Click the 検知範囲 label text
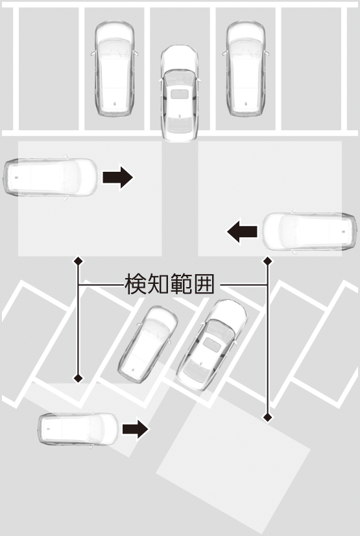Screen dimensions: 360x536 (170, 284)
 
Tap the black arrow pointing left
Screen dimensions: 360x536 (242, 231)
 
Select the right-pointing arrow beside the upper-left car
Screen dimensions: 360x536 (117, 177)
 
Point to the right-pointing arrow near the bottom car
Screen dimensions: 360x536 (136, 429)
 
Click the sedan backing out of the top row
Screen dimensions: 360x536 (180, 93)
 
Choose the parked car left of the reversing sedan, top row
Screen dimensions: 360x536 (114, 68)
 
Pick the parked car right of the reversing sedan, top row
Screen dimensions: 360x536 (246, 68)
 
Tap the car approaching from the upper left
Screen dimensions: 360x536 (51, 177)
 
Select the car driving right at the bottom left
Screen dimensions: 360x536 (78, 429)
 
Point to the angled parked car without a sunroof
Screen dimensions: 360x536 (148, 344)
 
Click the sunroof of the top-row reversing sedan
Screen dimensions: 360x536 (180, 94)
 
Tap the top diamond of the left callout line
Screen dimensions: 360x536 (78, 261)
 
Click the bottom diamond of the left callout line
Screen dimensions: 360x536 (78, 378)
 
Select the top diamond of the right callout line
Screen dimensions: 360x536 (268, 261)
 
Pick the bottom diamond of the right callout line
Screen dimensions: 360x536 (268, 417)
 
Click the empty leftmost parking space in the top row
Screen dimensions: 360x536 (49, 68)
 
